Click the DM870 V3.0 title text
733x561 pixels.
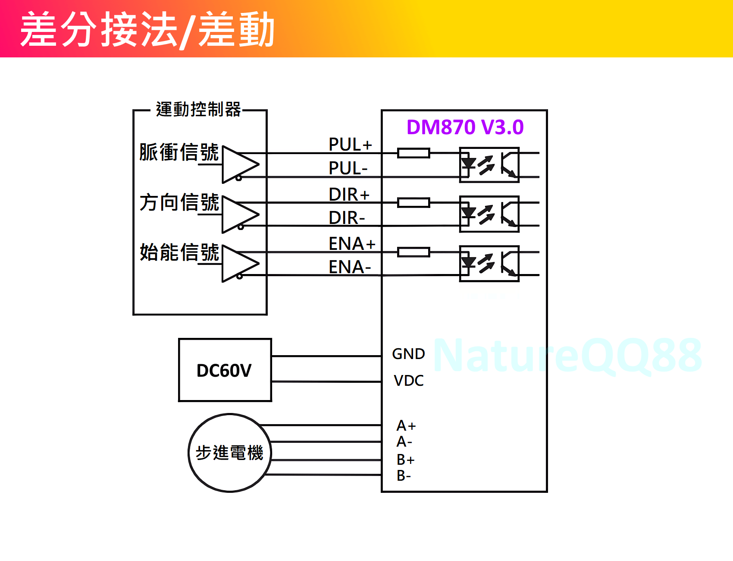(x=465, y=127)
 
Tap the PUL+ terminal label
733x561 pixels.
(x=350, y=145)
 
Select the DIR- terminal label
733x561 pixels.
(x=347, y=218)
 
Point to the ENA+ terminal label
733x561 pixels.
(x=352, y=244)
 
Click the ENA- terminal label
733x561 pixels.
(x=349, y=267)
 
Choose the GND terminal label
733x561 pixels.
(x=408, y=354)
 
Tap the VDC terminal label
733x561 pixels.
(x=408, y=381)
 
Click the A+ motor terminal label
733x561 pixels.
(x=406, y=426)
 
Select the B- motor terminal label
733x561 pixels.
(x=404, y=476)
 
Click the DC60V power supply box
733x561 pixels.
(x=225, y=370)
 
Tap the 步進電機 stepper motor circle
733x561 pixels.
(x=229, y=453)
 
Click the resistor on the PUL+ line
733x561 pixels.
(x=413, y=153)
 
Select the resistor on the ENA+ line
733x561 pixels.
(x=413, y=252)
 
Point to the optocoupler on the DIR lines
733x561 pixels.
(x=489, y=214)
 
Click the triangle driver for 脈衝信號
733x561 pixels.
(x=239, y=164)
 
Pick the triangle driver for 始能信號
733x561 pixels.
(x=239, y=263)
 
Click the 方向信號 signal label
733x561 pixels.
(x=179, y=202)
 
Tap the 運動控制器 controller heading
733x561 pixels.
(x=198, y=110)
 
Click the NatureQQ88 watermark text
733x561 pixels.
(x=567, y=356)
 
